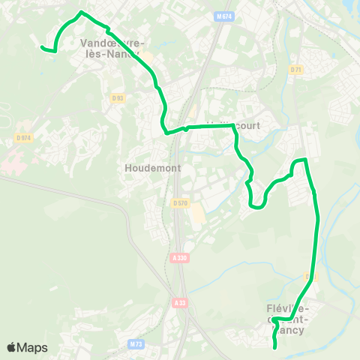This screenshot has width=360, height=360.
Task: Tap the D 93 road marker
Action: pos(117,97)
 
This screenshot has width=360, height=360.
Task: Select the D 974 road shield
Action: pos(24,137)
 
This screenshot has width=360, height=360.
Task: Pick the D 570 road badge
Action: pos(180,202)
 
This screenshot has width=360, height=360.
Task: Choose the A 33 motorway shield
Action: pos(178,302)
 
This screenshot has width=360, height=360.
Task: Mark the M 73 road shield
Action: pos(136,343)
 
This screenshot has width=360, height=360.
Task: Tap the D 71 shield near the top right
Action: pos(296,70)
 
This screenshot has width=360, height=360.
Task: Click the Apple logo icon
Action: pos(13,347)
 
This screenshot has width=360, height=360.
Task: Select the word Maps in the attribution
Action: pos(33,347)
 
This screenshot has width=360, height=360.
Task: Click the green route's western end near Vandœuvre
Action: pos(42,48)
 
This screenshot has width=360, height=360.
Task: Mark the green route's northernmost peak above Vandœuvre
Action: pos(82,13)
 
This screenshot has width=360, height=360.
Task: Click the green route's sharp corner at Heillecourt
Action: pos(234,127)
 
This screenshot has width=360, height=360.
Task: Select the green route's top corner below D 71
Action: pos(305,160)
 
